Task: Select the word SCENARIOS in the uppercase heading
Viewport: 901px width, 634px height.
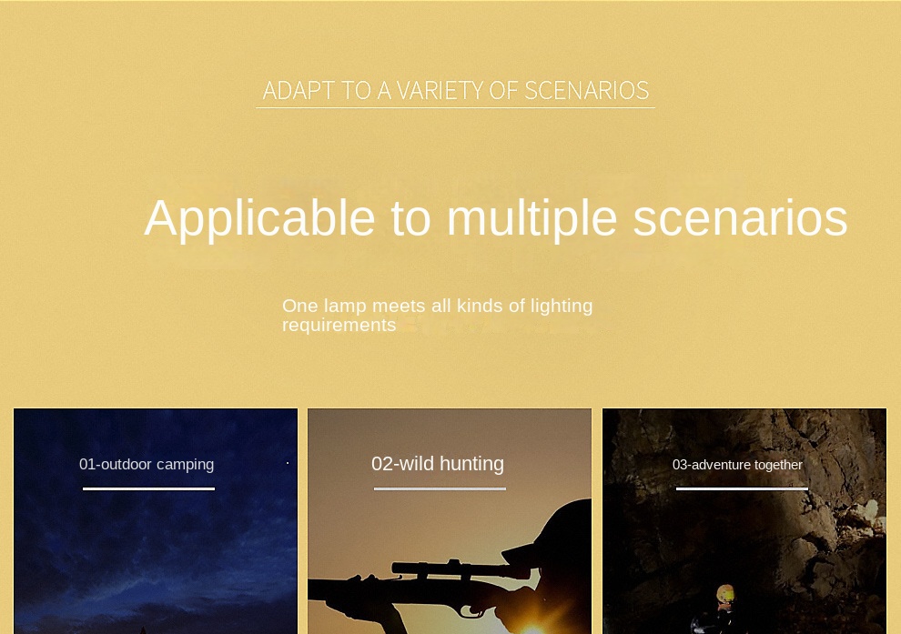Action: pos(587,90)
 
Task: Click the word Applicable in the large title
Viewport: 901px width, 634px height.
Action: pos(259,218)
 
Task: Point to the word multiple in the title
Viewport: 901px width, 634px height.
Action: pos(532,218)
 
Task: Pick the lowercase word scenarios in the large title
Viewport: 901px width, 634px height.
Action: pos(740,218)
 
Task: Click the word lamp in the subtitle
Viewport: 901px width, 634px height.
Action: pos(346,306)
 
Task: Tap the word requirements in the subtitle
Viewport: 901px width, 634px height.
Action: pos(339,325)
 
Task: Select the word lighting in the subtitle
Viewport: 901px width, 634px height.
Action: pos(561,307)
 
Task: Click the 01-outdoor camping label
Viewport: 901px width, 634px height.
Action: pos(147,464)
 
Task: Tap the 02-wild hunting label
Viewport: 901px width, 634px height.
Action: pos(438,463)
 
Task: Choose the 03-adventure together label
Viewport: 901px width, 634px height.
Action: pos(737,465)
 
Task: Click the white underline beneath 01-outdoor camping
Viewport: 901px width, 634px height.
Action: pos(149,488)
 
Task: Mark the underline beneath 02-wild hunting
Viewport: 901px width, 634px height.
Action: pos(440,488)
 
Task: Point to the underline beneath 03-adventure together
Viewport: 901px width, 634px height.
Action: pos(742,488)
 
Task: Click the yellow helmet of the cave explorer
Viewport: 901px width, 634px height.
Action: pos(725,592)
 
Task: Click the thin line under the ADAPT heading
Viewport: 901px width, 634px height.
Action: pos(455,107)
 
